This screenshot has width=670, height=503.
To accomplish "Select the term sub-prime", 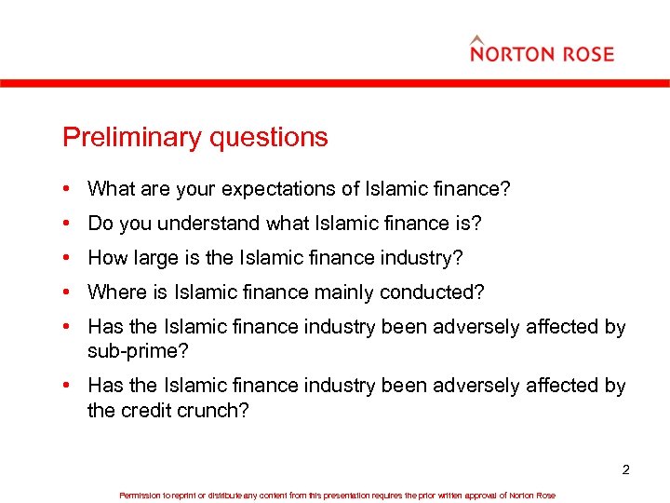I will click(129, 351).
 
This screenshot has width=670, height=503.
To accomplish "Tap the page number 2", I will click(626, 469).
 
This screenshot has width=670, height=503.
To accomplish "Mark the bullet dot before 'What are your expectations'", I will click(70, 189).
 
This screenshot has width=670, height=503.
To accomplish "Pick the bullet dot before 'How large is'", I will click(70, 258).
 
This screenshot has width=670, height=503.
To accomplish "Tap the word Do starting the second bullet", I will click(100, 224).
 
